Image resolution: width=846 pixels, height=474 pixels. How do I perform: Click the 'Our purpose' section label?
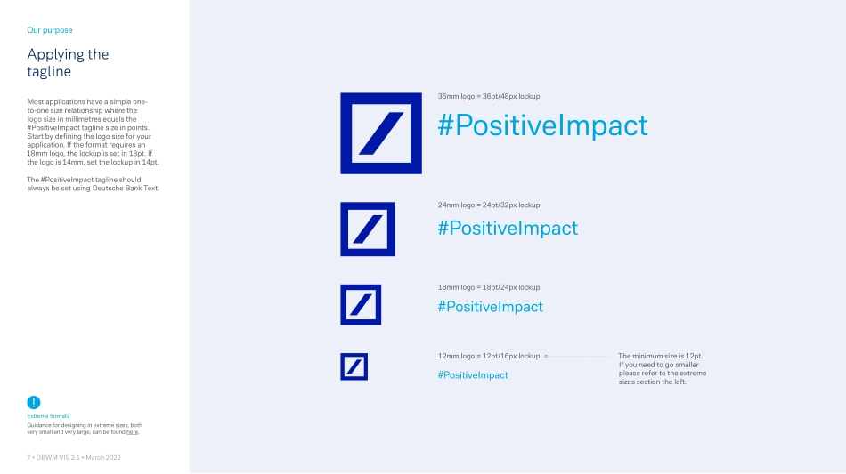pyautogui.click(x=50, y=30)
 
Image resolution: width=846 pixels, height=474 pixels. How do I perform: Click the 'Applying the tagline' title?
pyautogui.click(x=68, y=62)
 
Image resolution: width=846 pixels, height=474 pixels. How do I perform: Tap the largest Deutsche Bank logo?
pyautogui.click(x=381, y=133)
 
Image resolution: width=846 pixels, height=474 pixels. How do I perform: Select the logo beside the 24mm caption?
pyautogui.click(x=368, y=229)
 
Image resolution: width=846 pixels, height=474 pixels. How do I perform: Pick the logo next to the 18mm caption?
pyautogui.click(x=361, y=305)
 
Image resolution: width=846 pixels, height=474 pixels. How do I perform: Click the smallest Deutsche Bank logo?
pyautogui.click(x=354, y=366)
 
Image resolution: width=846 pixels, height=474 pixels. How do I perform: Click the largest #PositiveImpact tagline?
pyautogui.click(x=543, y=125)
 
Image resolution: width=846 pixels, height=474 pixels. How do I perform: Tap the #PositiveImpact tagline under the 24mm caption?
pyautogui.click(x=508, y=228)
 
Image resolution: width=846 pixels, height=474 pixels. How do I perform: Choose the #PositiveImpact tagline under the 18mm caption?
pyautogui.click(x=491, y=307)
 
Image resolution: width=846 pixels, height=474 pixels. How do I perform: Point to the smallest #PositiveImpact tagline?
pyautogui.click(x=473, y=375)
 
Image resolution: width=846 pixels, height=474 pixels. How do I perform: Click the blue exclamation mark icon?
pyautogui.click(x=34, y=402)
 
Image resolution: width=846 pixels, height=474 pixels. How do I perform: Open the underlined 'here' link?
pyautogui.click(x=132, y=432)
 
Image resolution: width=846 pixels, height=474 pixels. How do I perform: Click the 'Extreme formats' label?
pyautogui.click(x=48, y=416)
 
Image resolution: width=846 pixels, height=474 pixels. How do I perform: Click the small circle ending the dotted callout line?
pyautogui.click(x=546, y=356)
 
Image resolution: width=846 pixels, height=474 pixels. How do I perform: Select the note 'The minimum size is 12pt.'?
pyautogui.click(x=661, y=356)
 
